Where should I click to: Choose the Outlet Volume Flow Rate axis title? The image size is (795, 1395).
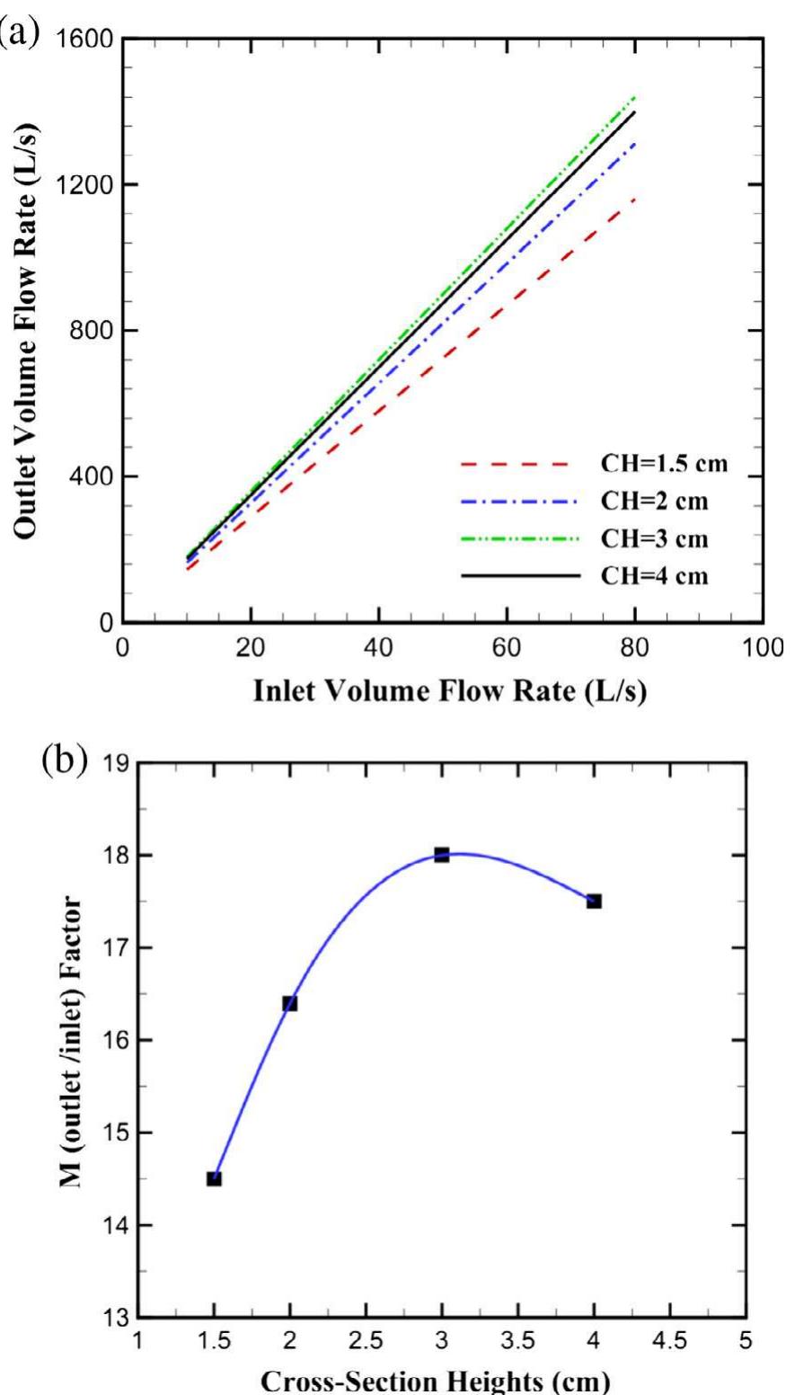point(29,330)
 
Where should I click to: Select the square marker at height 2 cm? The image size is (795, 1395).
point(289,1003)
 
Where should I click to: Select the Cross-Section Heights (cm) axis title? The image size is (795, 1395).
point(442,1382)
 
